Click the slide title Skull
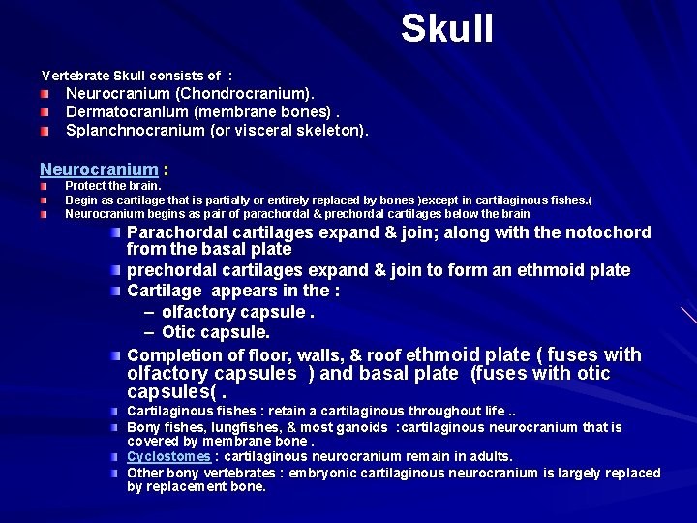(x=447, y=29)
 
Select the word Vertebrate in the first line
(x=76, y=76)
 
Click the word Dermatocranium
(x=127, y=111)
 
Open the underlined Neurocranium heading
(x=98, y=169)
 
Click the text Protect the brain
(x=112, y=185)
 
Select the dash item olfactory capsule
(x=237, y=312)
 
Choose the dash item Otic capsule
(x=215, y=332)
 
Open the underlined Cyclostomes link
(x=168, y=456)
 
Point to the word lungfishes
(x=241, y=427)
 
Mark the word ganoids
(x=367, y=427)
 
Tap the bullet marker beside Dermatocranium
(x=45, y=112)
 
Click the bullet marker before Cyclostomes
(x=114, y=456)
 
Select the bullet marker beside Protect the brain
(x=45, y=185)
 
